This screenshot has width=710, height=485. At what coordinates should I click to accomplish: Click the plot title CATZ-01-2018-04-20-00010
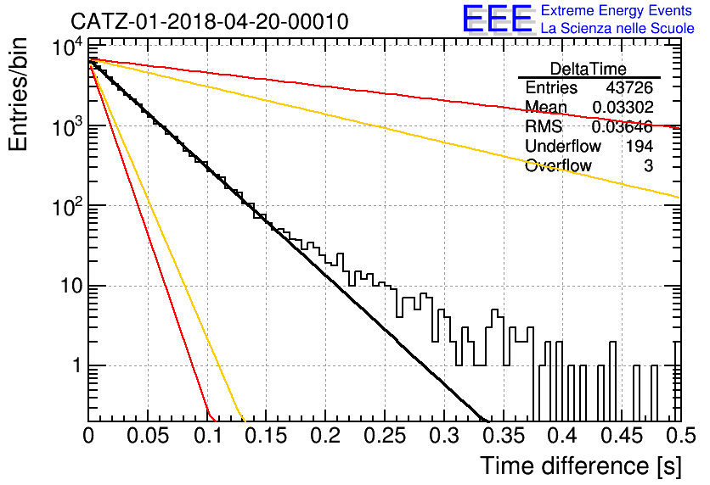(x=210, y=21)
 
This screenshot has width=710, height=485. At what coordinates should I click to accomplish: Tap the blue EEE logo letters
(x=498, y=19)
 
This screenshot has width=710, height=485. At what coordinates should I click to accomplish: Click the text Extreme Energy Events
(x=617, y=10)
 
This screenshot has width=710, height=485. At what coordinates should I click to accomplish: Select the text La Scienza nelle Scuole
(x=617, y=28)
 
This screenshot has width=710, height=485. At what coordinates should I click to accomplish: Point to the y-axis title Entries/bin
(x=18, y=95)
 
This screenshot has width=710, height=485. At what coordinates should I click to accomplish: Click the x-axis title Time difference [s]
(x=581, y=465)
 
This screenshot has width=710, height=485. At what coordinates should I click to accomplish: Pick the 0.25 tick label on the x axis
(x=385, y=435)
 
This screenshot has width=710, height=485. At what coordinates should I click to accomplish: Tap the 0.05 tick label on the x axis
(x=148, y=435)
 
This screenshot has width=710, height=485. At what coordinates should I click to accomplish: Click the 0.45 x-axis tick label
(x=622, y=435)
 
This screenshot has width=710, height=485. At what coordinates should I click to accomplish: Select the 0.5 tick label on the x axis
(x=680, y=435)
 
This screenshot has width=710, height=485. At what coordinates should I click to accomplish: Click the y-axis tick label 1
(x=77, y=365)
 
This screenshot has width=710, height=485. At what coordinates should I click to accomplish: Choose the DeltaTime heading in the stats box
(x=589, y=69)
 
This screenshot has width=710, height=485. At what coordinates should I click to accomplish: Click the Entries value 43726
(x=629, y=87)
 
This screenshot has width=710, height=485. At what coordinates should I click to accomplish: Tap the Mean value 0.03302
(x=623, y=107)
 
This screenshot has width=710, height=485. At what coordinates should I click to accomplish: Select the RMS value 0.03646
(x=623, y=126)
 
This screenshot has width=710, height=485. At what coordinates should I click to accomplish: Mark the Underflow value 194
(x=640, y=146)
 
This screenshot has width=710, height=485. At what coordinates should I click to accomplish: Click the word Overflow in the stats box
(x=558, y=166)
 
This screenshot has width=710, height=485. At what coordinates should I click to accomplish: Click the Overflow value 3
(x=648, y=166)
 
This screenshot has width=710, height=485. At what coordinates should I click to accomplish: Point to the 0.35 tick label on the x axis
(x=503, y=435)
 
